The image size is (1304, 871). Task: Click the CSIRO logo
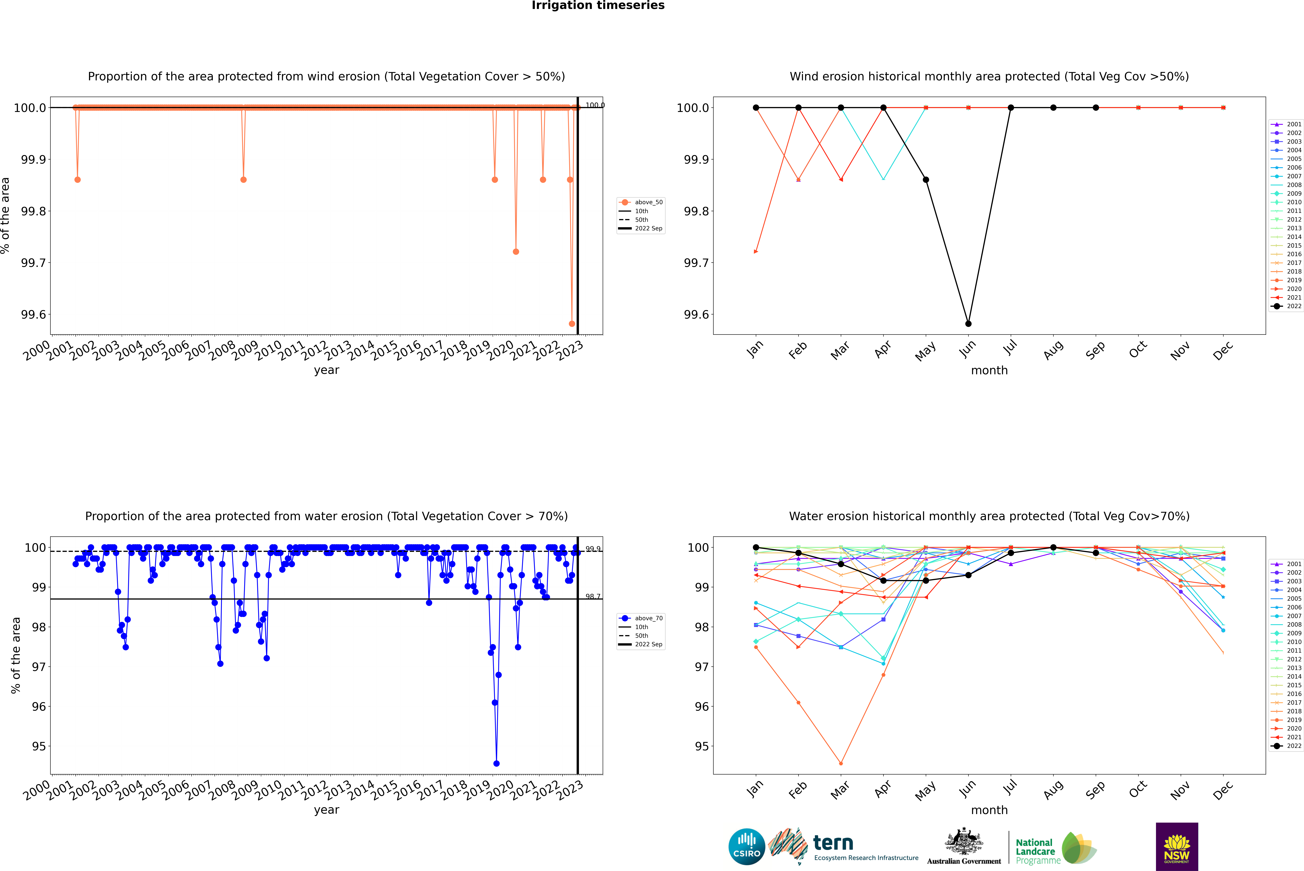(747, 847)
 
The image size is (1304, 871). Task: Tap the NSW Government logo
(1177, 847)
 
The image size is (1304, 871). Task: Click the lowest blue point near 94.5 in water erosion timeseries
(496, 763)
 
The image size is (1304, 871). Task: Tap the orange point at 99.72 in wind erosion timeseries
(516, 252)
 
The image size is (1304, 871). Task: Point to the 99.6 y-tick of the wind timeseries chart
(33, 314)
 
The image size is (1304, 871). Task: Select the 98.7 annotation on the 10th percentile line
(592, 597)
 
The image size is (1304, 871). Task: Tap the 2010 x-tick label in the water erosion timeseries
(269, 790)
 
